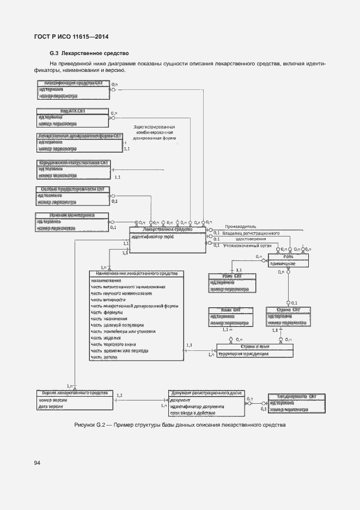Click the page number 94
click(x=37, y=463)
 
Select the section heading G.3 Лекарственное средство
click(x=88, y=53)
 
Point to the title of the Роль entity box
click(x=289, y=256)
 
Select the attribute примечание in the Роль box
click(x=283, y=263)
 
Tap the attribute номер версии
click(x=52, y=400)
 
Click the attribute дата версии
click(x=51, y=406)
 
